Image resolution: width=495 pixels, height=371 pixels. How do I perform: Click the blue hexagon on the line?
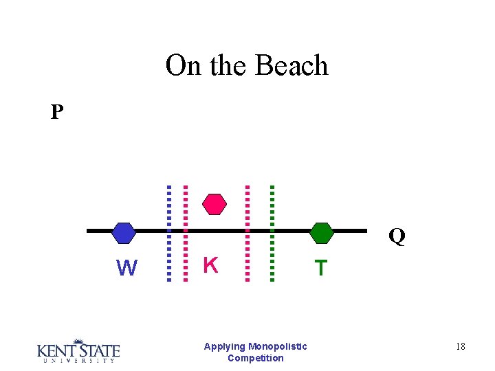[x=124, y=233]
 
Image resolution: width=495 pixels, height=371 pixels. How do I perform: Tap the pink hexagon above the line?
[x=214, y=204]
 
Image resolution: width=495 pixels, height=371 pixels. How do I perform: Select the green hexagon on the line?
[x=321, y=233]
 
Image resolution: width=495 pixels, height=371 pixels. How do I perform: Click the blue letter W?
[x=126, y=267]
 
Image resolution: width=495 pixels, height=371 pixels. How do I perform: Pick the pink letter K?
[x=211, y=265]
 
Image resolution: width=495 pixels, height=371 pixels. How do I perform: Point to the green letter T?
[x=320, y=267]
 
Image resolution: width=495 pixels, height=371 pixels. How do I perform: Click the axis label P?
[x=57, y=112]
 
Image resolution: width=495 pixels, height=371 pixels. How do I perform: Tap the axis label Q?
[x=397, y=237]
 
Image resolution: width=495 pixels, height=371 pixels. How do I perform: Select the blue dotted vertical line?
[x=169, y=234]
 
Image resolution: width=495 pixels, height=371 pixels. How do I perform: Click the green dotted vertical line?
[x=272, y=234]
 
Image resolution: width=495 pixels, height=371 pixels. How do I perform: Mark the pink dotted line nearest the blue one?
[x=184, y=234]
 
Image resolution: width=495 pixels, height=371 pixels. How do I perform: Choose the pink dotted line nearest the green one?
[x=247, y=234]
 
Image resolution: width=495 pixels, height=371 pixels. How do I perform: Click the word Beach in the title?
[x=291, y=66]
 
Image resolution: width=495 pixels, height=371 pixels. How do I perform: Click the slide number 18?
[x=460, y=347]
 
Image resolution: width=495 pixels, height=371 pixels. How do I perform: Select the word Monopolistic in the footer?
[x=278, y=346]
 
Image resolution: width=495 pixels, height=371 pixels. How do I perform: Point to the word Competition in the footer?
[x=255, y=358]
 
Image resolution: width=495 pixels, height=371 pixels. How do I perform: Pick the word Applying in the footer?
[x=224, y=346]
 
